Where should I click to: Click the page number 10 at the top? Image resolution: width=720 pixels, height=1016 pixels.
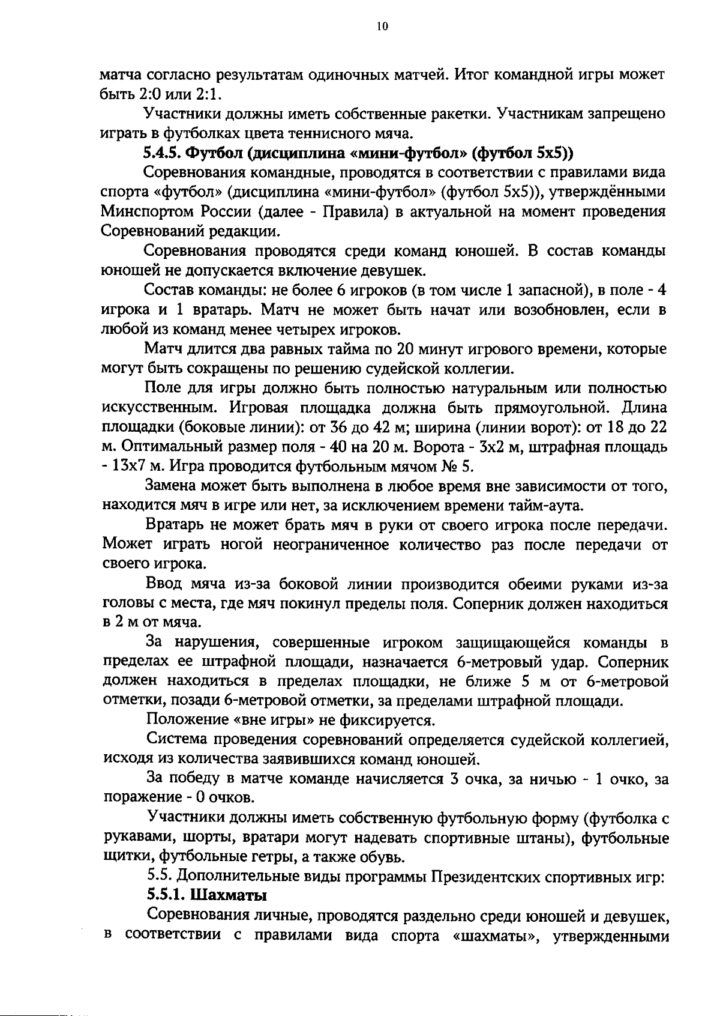[x=383, y=26]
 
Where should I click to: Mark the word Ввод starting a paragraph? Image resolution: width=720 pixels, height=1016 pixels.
[x=164, y=584]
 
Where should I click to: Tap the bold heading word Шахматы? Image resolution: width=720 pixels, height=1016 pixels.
[x=229, y=895]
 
